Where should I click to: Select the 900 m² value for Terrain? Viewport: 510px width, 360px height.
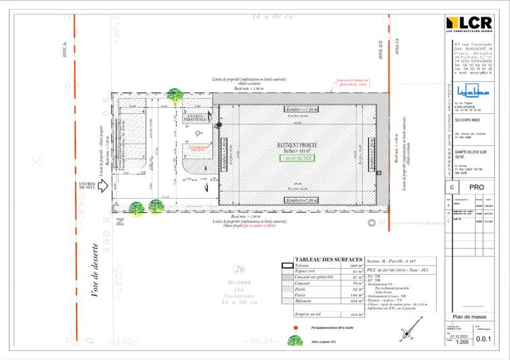(354, 265)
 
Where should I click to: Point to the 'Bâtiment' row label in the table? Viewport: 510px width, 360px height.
(303, 301)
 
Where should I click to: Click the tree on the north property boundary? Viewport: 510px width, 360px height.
(173, 95)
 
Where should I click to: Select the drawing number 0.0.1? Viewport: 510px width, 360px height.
(492, 340)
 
